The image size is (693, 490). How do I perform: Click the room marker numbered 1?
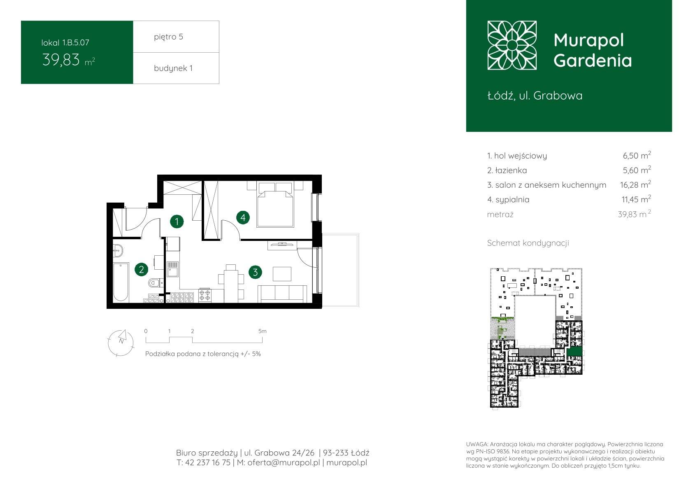tap(177, 221)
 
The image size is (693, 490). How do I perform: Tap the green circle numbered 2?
tap(142, 269)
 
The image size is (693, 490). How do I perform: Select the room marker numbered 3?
tap(255, 272)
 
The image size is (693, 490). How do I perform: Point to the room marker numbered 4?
tap(243, 217)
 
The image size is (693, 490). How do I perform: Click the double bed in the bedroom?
tap(275, 205)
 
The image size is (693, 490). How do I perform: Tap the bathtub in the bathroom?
tap(121, 282)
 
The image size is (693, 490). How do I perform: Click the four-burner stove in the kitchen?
tap(205, 295)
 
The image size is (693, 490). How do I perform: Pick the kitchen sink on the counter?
tap(172, 269)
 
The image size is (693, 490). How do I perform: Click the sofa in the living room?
tap(282, 294)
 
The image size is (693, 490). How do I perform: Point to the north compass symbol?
tap(121, 343)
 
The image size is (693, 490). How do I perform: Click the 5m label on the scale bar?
tap(263, 331)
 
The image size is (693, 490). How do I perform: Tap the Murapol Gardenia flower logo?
tap(512, 45)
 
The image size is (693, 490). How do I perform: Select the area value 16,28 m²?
tap(635, 184)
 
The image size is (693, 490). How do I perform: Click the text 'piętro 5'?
tap(169, 37)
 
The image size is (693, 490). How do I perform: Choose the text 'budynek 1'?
tap(173, 68)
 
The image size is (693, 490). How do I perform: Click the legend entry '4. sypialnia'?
tap(508, 200)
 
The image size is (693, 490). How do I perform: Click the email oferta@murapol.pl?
tap(284, 462)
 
